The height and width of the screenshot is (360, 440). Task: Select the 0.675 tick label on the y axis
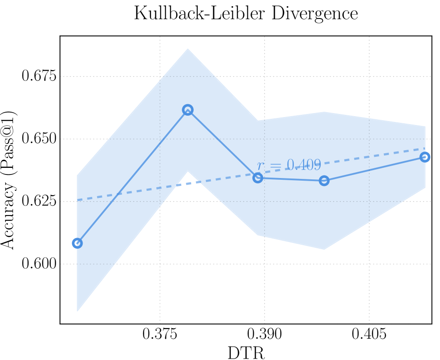(40, 76)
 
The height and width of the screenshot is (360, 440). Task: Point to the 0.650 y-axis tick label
(40, 139)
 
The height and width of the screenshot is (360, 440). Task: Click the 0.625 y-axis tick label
(40, 201)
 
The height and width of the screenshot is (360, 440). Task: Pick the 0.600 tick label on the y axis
(40, 264)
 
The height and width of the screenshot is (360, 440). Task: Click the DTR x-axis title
(245, 352)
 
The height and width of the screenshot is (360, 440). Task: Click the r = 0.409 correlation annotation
(289, 165)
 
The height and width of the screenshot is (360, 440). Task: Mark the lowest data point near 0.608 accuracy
(77, 243)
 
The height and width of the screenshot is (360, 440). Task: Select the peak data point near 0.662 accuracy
(188, 110)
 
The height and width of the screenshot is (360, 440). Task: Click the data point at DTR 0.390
(258, 178)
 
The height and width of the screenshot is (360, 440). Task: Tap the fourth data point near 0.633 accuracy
(324, 180)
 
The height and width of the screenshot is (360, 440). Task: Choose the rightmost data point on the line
(425, 157)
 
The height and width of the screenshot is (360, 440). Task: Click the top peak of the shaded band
(188, 49)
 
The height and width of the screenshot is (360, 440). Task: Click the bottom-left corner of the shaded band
(78, 311)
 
